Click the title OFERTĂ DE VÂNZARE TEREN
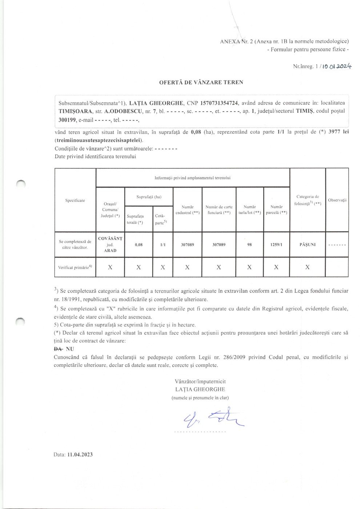point(201,82)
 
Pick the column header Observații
point(337,200)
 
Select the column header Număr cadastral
point(187,210)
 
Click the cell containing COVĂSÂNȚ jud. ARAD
point(110,244)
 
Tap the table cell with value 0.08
point(139,245)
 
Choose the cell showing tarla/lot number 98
point(249,245)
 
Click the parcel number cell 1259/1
point(276,245)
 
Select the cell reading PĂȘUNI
point(307,245)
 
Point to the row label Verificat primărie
point(75,267)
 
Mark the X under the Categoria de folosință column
point(307,267)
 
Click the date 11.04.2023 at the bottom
point(80,454)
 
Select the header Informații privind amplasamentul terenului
point(192,178)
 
